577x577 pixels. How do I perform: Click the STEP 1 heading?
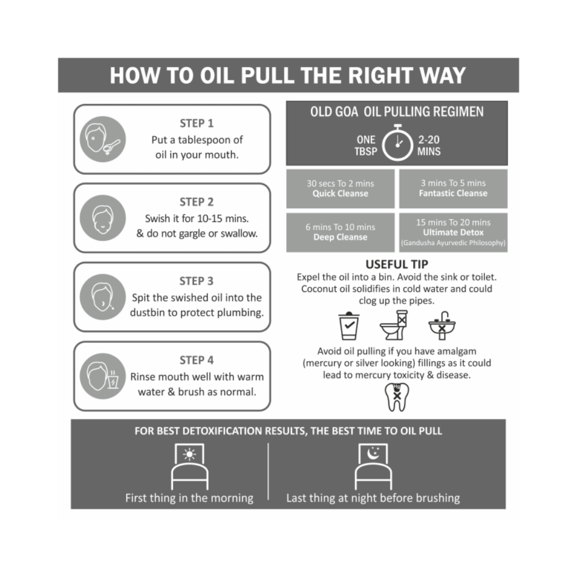(x=196, y=123)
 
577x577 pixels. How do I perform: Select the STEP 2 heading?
(x=196, y=203)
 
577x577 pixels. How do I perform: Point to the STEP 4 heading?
(x=196, y=361)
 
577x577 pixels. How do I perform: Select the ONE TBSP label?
(x=365, y=145)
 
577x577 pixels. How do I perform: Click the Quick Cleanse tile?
(x=340, y=189)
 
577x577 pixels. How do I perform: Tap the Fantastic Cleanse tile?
(x=453, y=189)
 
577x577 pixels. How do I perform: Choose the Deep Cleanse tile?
(x=340, y=232)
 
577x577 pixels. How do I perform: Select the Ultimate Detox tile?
(x=453, y=232)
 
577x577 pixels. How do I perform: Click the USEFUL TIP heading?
(x=397, y=265)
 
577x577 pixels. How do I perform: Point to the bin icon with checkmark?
(x=349, y=326)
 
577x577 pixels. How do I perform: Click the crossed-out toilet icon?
(x=394, y=325)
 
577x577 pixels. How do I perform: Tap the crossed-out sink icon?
(x=442, y=325)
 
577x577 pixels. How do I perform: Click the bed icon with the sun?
(x=189, y=467)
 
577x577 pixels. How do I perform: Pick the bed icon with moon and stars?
(x=373, y=467)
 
